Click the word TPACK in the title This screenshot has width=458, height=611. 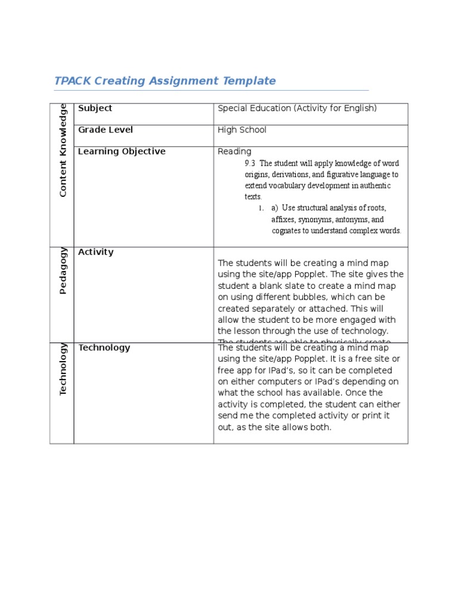pyautogui.click(x=72, y=81)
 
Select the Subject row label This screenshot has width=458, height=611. pyautogui.click(x=95, y=109)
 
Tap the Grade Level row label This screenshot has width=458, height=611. pyautogui.click(x=106, y=130)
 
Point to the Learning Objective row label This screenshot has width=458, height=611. pyautogui.click(x=122, y=152)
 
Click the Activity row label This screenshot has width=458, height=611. pyautogui.click(x=95, y=252)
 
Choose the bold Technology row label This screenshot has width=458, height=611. pyautogui.click(x=104, y=348)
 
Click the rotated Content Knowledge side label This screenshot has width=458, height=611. pyautogui.click(x=63, y=150)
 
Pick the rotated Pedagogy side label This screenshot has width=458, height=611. pyautogui.click(x=63, y=270)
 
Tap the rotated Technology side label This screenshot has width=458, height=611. pyautogui.click(x=63, y=369)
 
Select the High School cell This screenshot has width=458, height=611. pyautogui.click(x=242, y=130)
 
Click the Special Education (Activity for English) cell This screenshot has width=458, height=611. pyautogui.click(x=297, y=109)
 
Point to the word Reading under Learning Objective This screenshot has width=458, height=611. pyautogui.click(x=234, y=152)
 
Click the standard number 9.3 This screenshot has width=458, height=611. pyautogui.click(x=250, y=163)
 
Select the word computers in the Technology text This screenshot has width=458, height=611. pyautogui.click(x=268, y=382)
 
